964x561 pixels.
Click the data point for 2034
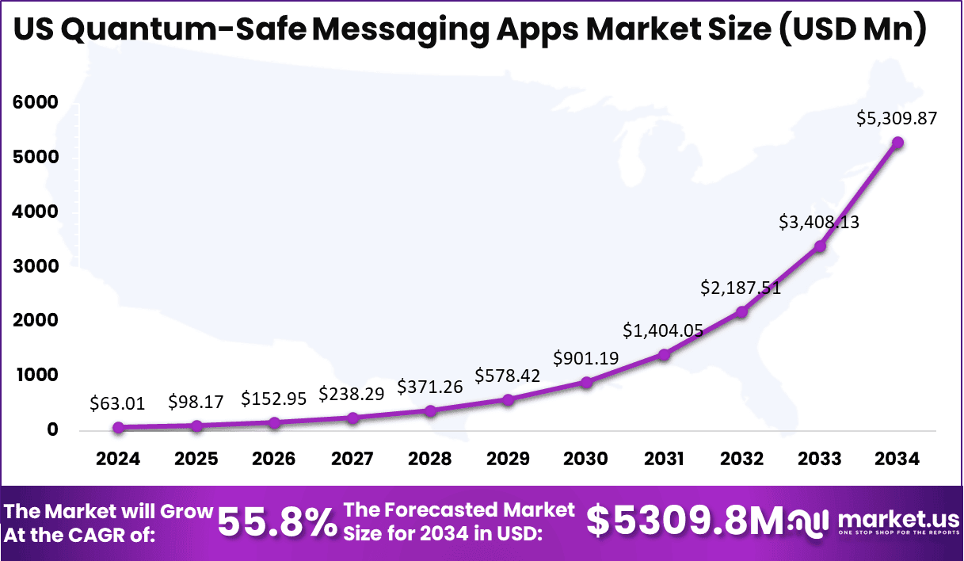coord(898,143)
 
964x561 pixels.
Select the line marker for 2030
coord(586,382)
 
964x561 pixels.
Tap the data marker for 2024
coord(118,427)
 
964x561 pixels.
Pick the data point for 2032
coord(742,311)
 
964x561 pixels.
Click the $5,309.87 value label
coord(897,119)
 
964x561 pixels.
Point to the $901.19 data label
coord(586,357)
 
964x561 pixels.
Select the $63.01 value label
coord(118,403)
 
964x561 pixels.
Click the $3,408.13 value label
coord(819,222)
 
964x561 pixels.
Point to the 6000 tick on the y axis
coord(35,103)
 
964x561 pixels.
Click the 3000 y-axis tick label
coord(35,266)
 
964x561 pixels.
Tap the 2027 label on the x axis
coord(352,460)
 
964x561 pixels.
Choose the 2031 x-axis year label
coord(664,460)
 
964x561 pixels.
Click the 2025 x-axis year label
coord(196,460)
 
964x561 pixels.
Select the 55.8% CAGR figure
coord(276,523)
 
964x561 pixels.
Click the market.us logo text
coord(898,520)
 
